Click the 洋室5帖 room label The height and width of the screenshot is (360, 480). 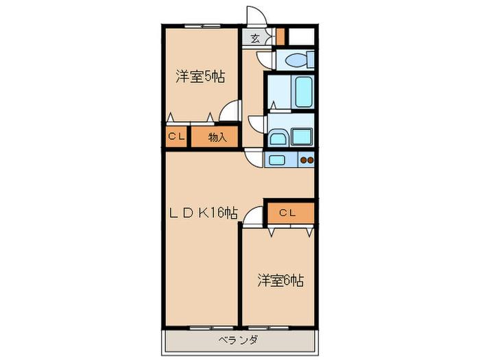tap(200, 76)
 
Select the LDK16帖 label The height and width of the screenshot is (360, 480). tap(204, 213)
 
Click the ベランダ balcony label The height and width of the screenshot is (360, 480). tap(239, 339)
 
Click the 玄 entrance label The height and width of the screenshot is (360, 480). tap(254, 38)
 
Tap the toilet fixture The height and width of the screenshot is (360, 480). tap(296, 60)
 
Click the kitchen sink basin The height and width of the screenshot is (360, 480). tap(278, 160)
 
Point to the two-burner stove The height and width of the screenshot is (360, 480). tap(307, 160)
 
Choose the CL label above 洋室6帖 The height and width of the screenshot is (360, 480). tap(287, 213)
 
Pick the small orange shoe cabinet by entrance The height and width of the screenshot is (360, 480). tap(280, 35)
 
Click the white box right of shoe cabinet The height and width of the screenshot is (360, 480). tap(300, 36)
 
